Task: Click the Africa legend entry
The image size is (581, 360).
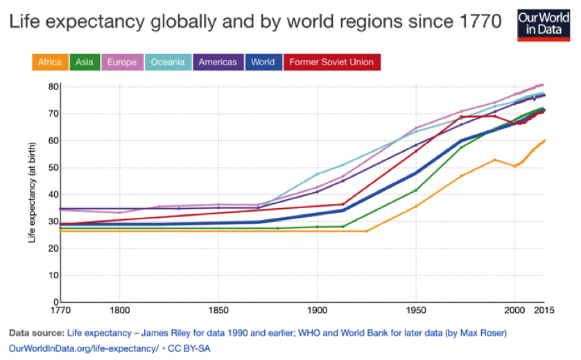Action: (50, 62)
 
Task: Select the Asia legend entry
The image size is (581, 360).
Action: (85, 62)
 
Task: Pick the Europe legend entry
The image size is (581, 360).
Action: (121, 62)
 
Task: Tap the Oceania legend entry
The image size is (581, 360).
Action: (167, 62)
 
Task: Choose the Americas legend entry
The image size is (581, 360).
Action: (218, 62)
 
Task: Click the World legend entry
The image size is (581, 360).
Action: (263, 62)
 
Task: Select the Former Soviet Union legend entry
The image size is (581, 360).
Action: (331, 62)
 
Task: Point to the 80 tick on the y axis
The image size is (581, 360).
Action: (53, 87)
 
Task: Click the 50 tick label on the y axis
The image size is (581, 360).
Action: (53, 168)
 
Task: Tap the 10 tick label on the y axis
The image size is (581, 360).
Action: (53, 275)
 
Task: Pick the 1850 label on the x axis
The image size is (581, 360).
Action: (218, 311)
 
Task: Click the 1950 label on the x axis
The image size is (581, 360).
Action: (415, 311)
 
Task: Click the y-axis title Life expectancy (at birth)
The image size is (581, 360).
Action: (32, 194)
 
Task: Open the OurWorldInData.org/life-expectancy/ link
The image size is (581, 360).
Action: (84, 348)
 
